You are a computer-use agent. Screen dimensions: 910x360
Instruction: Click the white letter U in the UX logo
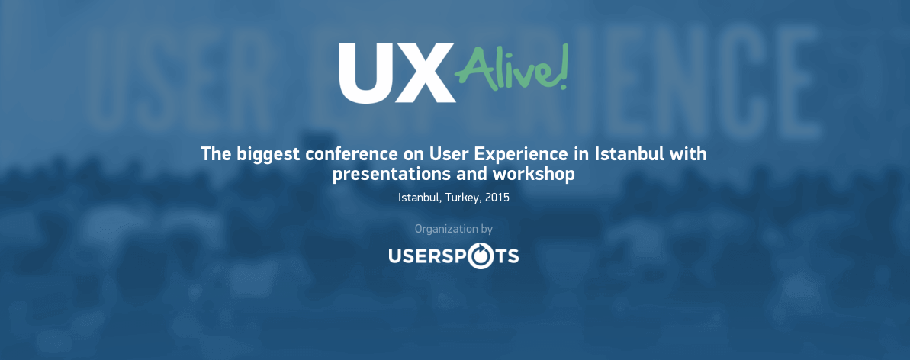tap(368, 72)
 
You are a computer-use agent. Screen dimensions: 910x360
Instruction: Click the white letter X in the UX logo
tap(426, 72)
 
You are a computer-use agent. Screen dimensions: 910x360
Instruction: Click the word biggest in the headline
tap(268, 156)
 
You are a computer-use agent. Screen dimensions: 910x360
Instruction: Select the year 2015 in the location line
tap(497, 198)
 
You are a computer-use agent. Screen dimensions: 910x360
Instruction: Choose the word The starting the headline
tap(216, 155)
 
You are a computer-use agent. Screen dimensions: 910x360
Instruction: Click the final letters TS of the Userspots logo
tap(506, 256)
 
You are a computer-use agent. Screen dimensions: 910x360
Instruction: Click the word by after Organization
tap(487, 230)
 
